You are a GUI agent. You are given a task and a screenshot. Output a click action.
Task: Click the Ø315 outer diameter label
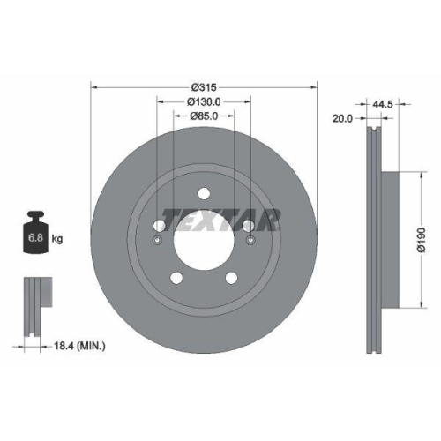click(204, 87)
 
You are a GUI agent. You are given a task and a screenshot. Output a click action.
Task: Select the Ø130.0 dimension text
click(204, 101)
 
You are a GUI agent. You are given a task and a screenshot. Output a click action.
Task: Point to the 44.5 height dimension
click(381, 104)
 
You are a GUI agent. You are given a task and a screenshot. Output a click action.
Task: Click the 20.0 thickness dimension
click(341, 116)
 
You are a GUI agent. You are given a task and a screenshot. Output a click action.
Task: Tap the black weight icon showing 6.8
click(36, 234)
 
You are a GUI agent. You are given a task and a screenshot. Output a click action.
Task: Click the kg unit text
click(58, 238)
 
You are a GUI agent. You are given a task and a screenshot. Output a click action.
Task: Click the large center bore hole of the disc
click(204, 237)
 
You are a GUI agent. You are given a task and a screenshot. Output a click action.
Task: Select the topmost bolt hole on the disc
click(204, 194)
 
